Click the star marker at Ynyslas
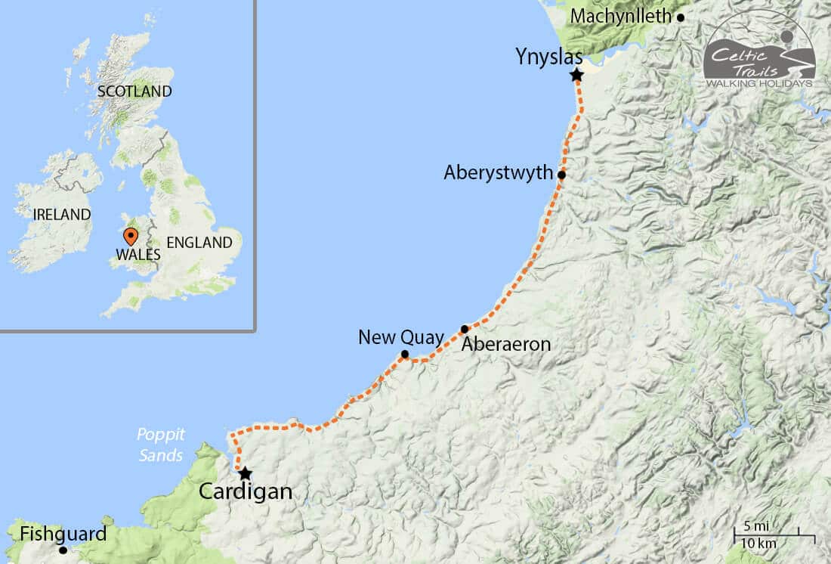tap(577, 75)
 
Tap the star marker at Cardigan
tap(245, 473)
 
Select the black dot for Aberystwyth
tap(561, 175)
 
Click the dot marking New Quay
tap(405, 354)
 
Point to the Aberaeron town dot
tap(465, 329)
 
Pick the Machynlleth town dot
tap(681, 17)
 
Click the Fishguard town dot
tap(63, 550)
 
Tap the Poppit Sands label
tap(160, 445)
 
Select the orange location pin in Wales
tap(130, 236)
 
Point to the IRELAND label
tap(62, 215)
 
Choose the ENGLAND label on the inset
tap(199, 243)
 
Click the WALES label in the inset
tap(138, 255)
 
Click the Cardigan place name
tap(245, 492)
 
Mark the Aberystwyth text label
tap(499, 172)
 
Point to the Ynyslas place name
tap(549, 56)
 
